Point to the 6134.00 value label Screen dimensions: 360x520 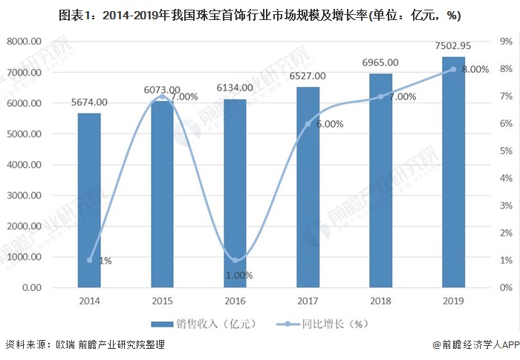tap(235, 88)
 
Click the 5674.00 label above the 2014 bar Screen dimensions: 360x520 tap(89, 102)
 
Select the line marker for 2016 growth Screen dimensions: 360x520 tap(235, 260)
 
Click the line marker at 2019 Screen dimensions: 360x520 tap(453, 69)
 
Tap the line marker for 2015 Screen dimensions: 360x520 tap(162, 96)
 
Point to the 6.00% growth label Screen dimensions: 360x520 tap(329, 125)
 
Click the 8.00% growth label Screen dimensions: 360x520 tap(475, 69)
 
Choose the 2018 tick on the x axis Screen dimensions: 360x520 tap(380, 301)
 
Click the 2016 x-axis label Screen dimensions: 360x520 tap(235, 301)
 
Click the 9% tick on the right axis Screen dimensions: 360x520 tap(506, 42)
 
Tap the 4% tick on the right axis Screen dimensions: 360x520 tap(506, 178)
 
